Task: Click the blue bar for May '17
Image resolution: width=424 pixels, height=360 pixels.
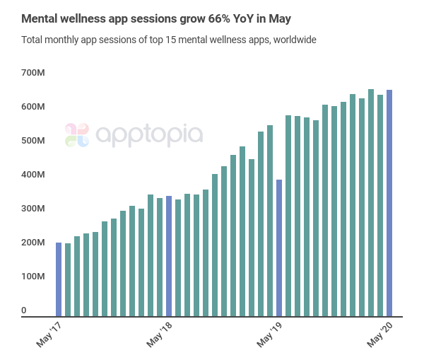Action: [59, 279]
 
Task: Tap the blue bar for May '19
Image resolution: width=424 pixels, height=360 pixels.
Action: [279, 248]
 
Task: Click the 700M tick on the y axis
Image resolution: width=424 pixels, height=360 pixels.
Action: [33, 73]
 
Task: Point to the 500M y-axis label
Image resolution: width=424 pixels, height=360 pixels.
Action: [33, 141]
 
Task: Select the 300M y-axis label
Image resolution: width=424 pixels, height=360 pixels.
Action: [33, 209]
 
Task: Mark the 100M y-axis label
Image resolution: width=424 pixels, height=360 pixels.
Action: [33, 277]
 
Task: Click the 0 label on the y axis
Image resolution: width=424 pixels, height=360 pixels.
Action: [24, 310]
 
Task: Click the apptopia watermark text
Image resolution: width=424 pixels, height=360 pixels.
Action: [148, 134]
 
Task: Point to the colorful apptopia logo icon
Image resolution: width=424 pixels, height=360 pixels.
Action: [77, 134]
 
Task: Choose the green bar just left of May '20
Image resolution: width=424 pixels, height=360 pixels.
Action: [380, 206]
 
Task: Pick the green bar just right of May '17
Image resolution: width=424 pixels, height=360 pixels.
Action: [68, 280]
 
